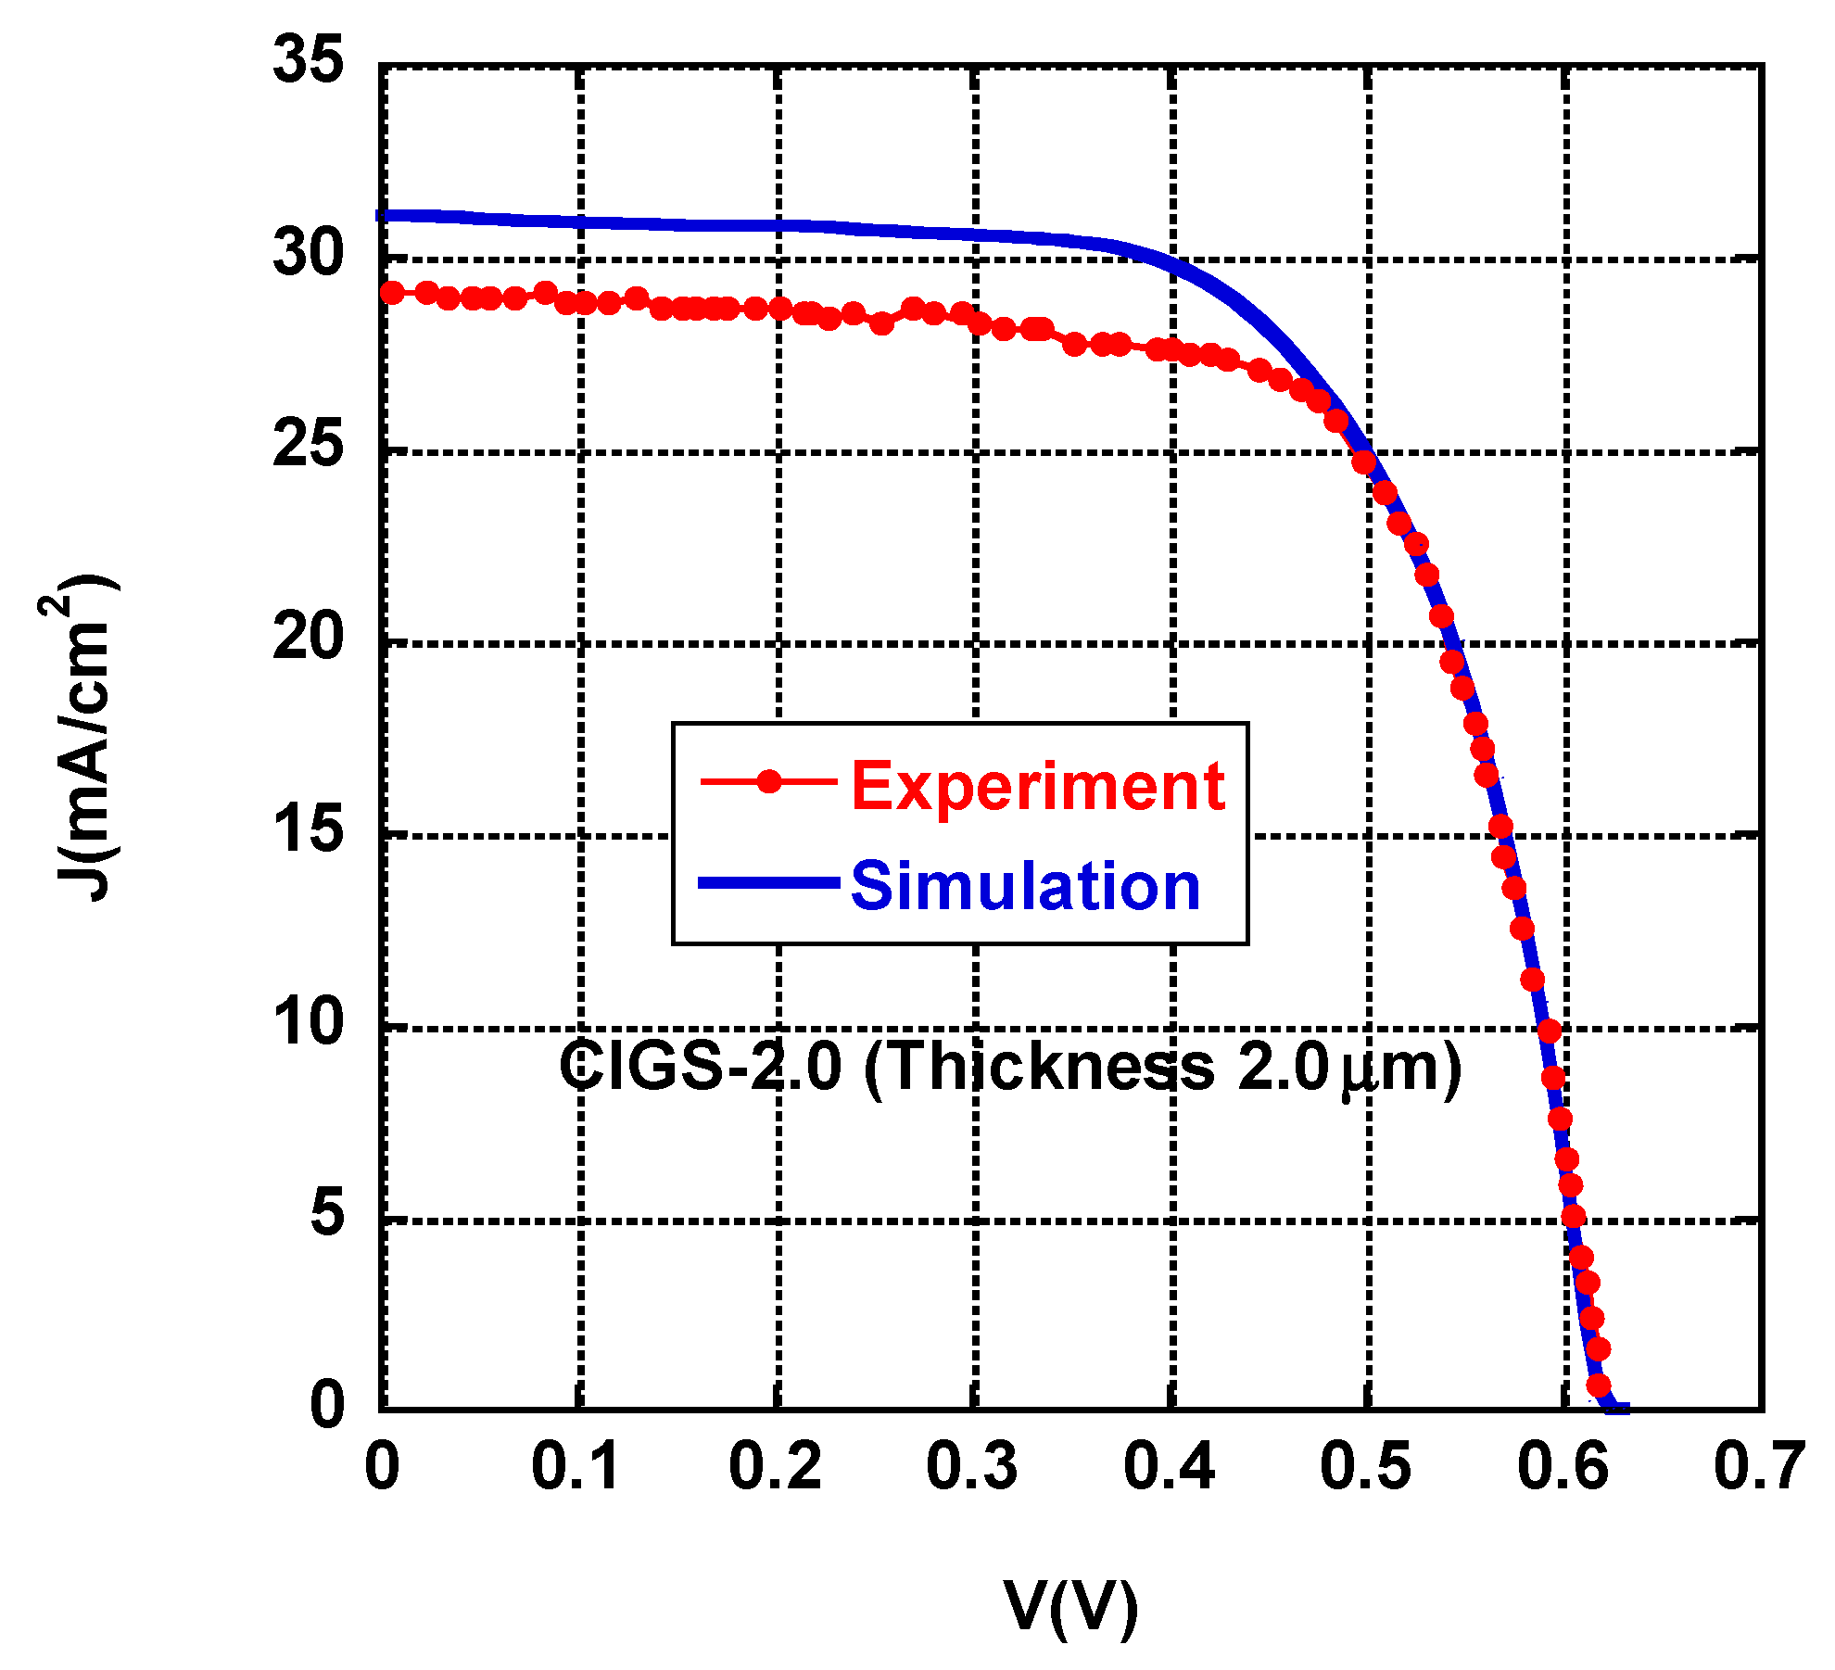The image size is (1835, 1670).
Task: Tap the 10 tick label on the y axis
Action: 307,1023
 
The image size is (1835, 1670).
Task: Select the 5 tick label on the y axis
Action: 326,1214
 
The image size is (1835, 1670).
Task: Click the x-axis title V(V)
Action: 1070,1606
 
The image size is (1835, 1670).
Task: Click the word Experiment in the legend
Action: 1038,786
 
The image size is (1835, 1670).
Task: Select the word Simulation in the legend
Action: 1025,886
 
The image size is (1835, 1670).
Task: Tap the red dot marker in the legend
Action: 769,781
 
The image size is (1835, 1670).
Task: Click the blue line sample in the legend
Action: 768,882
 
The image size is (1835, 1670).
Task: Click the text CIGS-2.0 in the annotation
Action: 700,1066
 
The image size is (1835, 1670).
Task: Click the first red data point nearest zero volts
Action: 392,293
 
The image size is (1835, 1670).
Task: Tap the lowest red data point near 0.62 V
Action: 1598,1385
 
